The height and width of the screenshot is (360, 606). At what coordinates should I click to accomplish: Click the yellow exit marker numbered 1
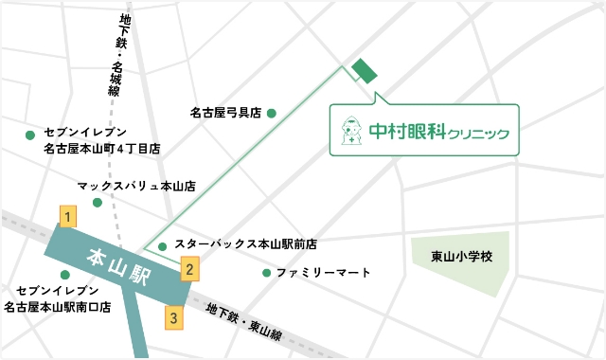coord(66,217)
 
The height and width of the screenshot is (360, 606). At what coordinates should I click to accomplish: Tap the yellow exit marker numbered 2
coord(189,269)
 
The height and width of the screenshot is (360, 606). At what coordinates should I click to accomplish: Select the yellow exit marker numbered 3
coord(173,316)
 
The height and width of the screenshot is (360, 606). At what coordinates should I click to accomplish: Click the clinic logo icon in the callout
coord(348,131)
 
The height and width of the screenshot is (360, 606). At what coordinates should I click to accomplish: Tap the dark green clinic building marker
coord(365,71)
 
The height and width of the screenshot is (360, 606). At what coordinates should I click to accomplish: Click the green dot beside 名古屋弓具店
coord(272,114)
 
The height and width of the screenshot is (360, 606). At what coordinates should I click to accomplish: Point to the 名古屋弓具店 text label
coord(225,114)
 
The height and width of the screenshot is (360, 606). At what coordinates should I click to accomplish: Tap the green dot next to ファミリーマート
coord(266,273)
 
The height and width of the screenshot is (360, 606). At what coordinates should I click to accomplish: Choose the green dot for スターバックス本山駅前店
coord(163,247)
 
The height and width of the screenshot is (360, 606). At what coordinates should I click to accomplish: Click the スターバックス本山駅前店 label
coord(245,244)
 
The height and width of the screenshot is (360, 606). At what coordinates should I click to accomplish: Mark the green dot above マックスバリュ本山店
coord(97,203)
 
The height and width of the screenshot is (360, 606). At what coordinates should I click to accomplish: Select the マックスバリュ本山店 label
coord(136,188)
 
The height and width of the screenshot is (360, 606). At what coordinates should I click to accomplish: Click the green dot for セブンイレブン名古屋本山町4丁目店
coord(29,135)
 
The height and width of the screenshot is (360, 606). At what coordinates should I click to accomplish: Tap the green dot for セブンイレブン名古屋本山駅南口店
coord(64,275)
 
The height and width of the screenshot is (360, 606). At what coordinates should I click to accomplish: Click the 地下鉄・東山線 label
coord(244,321)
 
